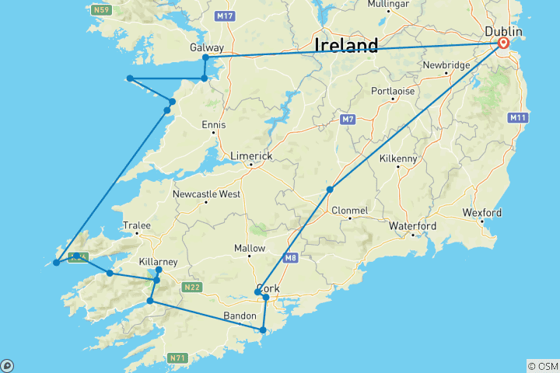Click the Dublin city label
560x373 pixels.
click(503, 31)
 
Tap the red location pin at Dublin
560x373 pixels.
click(503, 44)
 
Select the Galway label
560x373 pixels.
click(206, 47)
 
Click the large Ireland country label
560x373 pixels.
click(346, 44)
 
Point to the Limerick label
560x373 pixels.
click(251, 156)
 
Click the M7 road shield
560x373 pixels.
click(348, 120)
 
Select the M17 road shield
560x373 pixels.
click(226, 16)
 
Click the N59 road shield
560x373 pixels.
click(100, 10)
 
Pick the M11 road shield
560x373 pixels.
click(518, 117)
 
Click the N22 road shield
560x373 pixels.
click(192, 288)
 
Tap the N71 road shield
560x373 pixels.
click(177, 358)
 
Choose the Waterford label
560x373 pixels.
click(413, 226)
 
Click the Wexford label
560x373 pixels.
click(482, 212)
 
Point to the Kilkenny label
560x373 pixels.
click(398, 159)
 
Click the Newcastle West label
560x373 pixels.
click(206, 193)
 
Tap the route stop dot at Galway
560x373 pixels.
click(205, 58)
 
